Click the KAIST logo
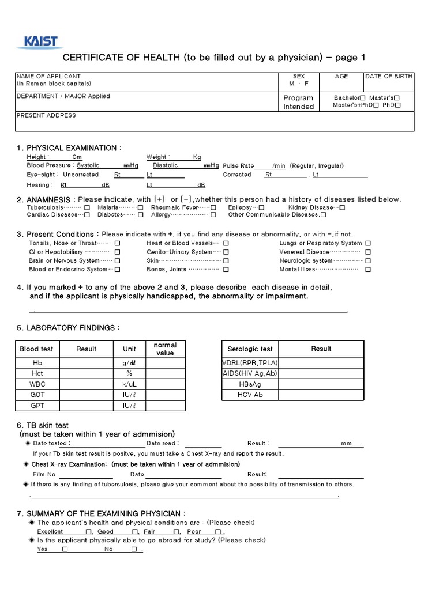point(40,41)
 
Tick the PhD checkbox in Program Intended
point(398,105)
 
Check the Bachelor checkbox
point(363,98)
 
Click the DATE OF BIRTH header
point(388,76)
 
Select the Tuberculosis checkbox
point(87,207)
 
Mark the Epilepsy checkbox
point(262,207)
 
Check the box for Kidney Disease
point(342,207)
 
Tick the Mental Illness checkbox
point(369,269)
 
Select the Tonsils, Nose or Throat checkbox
point(117,243)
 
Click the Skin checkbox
point(226,260)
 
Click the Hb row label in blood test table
point(37,363)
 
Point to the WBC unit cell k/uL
point(129,384)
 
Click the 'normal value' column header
point(165,349)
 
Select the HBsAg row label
point(250,384)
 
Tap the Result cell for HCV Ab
point(321,395)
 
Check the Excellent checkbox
point(88,532)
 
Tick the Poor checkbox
point(218,532)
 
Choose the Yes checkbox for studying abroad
point(65,550)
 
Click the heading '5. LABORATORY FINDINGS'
point(68,328)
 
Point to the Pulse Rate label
point(238,165)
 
